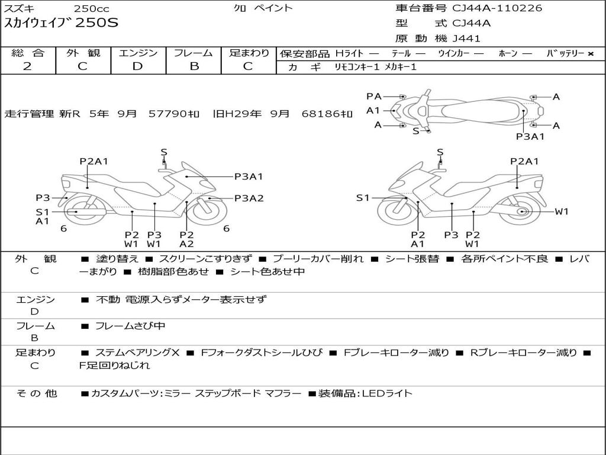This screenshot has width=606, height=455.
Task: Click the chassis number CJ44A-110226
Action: tap(497, 8)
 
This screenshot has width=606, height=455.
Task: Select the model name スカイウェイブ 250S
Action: tap(61, 23)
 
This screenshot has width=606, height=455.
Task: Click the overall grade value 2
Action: tap(27, 66)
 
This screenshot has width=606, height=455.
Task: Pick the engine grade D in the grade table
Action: tap(137, 66)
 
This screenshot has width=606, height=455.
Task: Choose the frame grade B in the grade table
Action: tap(194, 66)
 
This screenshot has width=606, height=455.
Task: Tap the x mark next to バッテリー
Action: tap(591, 54)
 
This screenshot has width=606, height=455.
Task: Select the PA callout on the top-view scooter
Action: tap(374, 97)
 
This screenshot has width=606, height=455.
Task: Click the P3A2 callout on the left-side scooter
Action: tap(249, 198)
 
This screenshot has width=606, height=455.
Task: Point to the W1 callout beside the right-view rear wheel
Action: tap(562, 212)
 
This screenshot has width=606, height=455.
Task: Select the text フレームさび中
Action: tap(130, 326)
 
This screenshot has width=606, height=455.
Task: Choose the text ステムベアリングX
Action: tap(137, 353)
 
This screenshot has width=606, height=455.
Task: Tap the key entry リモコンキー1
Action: tap(357, 67)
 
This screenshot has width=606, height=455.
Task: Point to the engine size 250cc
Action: tap(92, 8)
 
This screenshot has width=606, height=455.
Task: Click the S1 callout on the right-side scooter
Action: tap(363, 198)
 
